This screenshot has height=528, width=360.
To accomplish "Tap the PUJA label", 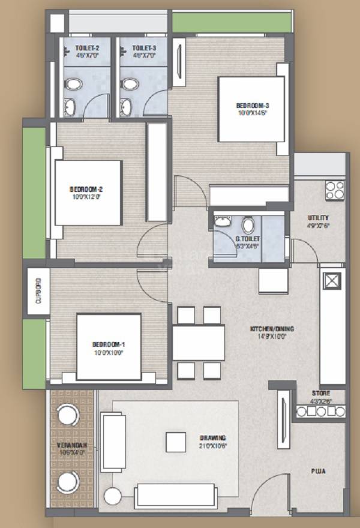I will pyautogui.click(x=318, y=472).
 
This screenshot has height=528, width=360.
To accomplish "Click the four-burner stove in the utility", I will pyautogui.click(x=334, y=190).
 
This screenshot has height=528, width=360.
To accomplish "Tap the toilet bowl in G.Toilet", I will pyautogui.click(x=248, y=225).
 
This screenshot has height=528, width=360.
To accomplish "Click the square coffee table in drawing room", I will pyautogui.click(x=175, y=442).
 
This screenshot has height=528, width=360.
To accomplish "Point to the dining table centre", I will pyautogui.click(x=199, y=343).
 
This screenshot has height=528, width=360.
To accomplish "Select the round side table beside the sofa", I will pyautogui.click(x=112, y=496).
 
